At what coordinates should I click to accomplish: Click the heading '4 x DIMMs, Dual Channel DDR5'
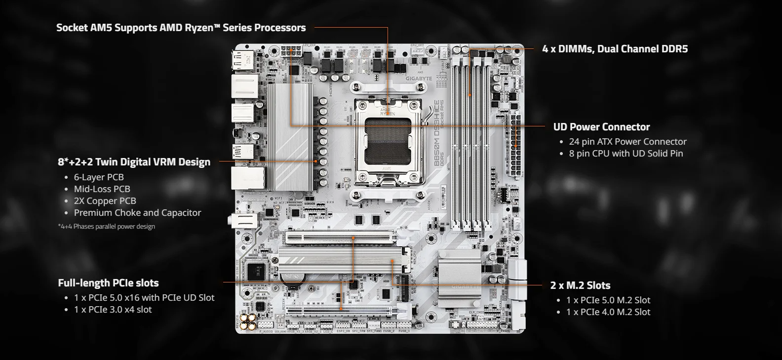615,49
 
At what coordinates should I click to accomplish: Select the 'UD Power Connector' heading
601,127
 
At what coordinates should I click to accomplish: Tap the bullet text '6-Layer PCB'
99,177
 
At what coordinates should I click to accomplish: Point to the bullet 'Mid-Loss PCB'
102,189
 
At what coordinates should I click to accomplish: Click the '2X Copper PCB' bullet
105,200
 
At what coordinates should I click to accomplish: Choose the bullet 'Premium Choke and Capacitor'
137,213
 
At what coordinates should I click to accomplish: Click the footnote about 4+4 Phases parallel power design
107,226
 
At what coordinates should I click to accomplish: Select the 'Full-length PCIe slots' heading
108,283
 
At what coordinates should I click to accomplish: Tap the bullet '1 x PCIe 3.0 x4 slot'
113,310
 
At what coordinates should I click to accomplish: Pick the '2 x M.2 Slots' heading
580,285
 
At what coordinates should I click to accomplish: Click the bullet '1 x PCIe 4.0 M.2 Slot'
608,312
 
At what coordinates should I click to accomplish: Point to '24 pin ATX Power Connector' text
627,142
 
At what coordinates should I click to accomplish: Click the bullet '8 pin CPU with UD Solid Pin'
626,154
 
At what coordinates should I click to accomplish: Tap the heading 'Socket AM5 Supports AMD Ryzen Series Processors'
181,28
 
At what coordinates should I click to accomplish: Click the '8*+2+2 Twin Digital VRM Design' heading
134,162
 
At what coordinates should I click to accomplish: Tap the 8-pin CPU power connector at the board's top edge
291,52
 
